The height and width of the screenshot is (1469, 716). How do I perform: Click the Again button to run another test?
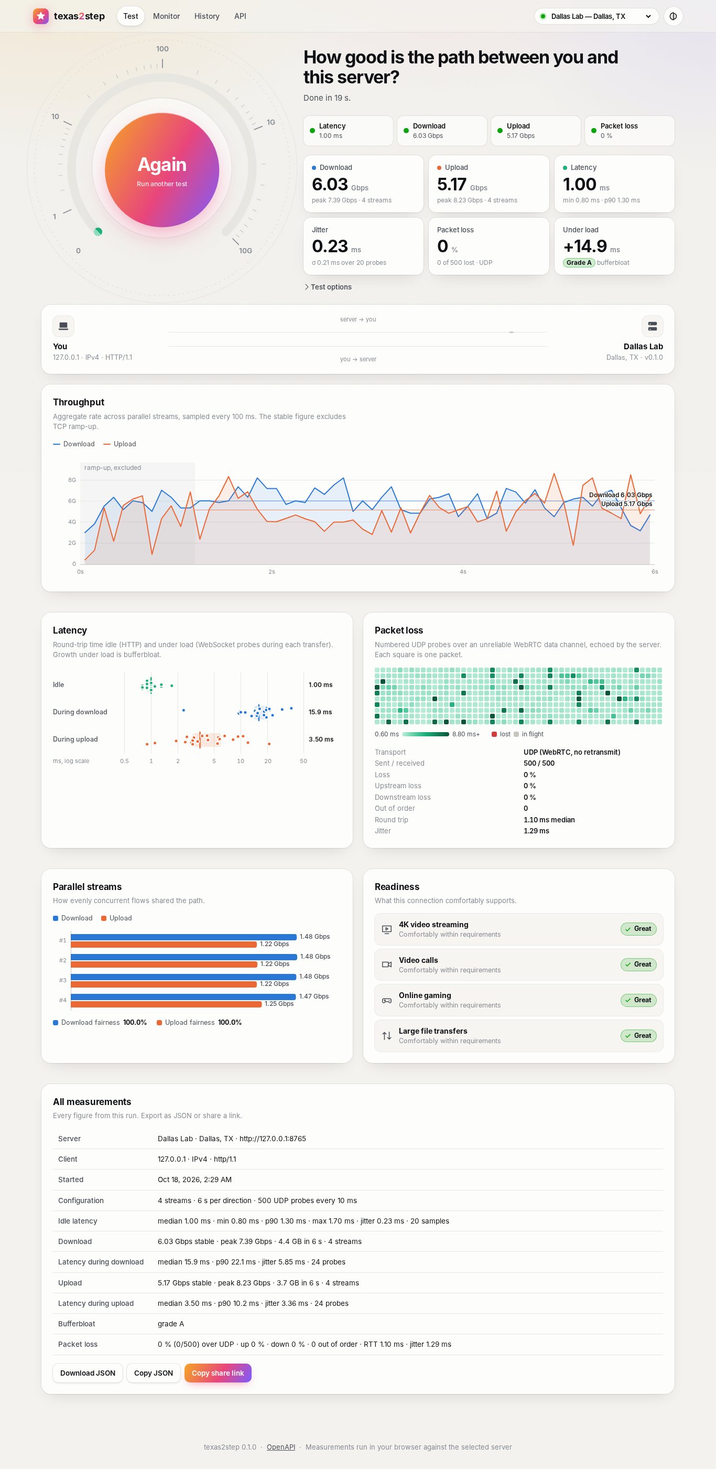[x=162, y=170]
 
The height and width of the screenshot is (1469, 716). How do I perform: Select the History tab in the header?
[x=207, y=16]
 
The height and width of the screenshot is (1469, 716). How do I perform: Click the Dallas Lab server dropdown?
[x=596, y=16]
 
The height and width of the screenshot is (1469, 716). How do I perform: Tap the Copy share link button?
[x=218, y=1373]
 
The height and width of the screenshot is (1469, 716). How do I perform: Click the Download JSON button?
[x=88, y=1373]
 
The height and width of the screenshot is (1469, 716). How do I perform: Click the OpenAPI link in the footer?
[x=281, y=1447]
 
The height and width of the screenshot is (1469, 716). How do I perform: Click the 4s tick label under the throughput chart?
[x=463, y=572]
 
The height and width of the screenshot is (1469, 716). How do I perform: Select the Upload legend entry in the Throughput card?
[x=120, y=444]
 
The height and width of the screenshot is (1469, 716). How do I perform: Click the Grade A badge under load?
[x=579, y=262]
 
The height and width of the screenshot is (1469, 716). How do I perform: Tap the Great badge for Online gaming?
[x=638, y=1000]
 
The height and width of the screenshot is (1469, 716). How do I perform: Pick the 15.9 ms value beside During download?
[x=320, y=712]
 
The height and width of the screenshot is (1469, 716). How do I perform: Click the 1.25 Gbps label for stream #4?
[x=279, y=1004]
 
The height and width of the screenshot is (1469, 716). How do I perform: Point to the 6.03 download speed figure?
[x=330, y=184]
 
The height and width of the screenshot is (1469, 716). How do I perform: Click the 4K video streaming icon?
[x=386, y=929]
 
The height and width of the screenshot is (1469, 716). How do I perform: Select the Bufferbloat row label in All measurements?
[x=77, y=1324]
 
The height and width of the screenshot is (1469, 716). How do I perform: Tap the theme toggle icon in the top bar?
[x=673, y=16]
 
